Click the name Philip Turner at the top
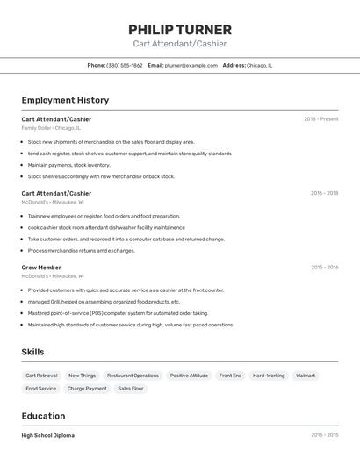(180, 29)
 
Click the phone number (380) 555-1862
(124, 65)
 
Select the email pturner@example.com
(191, 65)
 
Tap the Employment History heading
(65, 100)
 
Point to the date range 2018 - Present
(320, 119)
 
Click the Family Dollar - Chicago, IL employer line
(51, 128)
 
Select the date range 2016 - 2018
(324, 193)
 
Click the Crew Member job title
(41, 268)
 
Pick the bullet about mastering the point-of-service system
(118, 313)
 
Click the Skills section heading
(33, 352)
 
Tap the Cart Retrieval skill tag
(41, 376)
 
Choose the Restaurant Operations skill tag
(133, 376)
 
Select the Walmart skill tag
(306, 376)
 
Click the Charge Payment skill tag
(87, 389)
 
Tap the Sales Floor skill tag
(131, 389)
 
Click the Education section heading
(43, 416)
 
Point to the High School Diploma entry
(48, 435)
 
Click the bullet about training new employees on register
(104, 216)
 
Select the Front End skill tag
(230, 376)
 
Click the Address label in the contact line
(234, 65)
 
